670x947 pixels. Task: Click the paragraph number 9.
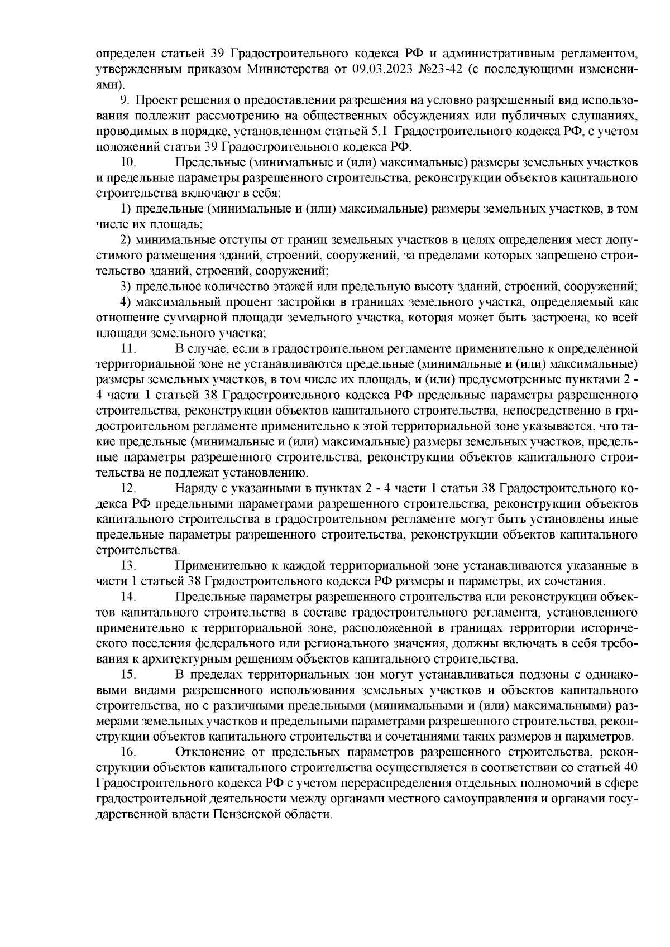[x=124, y=100]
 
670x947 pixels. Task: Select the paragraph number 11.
[x=129, y=350]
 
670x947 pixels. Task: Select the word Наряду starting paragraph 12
[x=195, y=488]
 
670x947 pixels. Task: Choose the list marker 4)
[x=126, y=303]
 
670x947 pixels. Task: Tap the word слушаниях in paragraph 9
[x=600, y=116]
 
